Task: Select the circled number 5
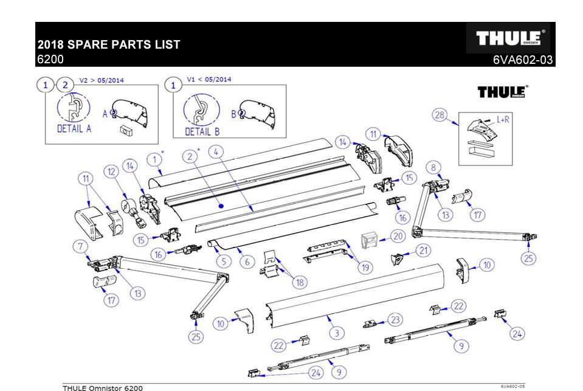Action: (x=224, y=262)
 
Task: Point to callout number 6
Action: (x=247, y=262)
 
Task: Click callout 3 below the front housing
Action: (x=337, y=333)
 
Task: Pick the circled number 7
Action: (x=80, y=247)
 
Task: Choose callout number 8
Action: (x=433, y=168)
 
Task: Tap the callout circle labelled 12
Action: (x=112, y=173)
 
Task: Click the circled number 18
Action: (x=299, y=282)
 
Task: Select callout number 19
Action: (x=365, y=266)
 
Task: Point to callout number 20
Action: (x=397, y=236)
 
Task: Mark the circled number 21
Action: (x=423, y=250)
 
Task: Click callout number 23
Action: (x=396, y=320)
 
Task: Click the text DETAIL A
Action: (x=74, y=129)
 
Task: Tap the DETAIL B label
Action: (x=202, y=131)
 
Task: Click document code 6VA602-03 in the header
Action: (x=523, y=60)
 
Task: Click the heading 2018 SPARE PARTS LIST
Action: (x=109, y=45)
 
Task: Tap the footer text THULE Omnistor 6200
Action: (x=103, y=387)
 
